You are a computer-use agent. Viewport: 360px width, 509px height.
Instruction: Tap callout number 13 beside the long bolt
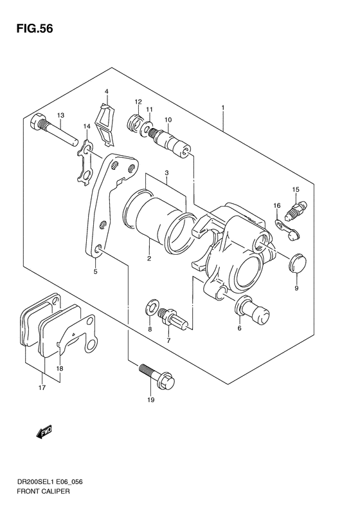coord(60,115)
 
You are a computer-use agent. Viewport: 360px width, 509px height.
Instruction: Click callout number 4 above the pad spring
coord(107,91)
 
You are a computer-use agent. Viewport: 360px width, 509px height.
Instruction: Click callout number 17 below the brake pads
coord(42,387)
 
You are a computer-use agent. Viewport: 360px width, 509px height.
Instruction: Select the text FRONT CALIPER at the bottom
coord(40,490)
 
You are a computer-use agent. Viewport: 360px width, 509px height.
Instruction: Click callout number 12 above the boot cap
coord(138,102)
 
